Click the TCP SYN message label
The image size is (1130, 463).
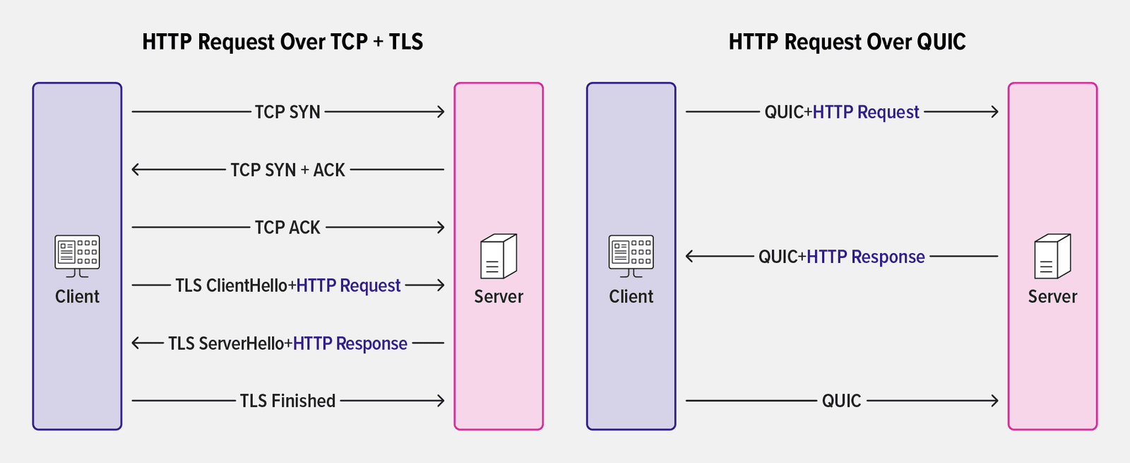(x=287, y=112)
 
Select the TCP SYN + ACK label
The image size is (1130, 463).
(x=287, y=170)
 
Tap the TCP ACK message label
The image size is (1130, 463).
(x=287, y=228)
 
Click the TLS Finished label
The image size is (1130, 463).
(x=287, y=401)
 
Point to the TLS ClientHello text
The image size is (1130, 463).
(x=231, y=286)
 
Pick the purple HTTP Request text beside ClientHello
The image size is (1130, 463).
(x=348, y=286)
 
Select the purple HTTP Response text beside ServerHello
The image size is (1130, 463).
(x=350, y=344)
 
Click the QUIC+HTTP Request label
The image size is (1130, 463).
(x=842, y=112)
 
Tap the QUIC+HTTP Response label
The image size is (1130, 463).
(x=842, y=257)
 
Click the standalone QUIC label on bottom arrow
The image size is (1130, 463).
(x=841, y=401)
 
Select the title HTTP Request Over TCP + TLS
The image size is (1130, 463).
(x=282, y=42)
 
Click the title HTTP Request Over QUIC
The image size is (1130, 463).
(x=847, y=42)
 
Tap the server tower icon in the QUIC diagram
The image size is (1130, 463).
(x=1052, y=257)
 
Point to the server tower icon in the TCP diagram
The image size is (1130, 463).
(x=499, y=257)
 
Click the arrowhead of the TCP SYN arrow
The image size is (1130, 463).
(x=441, y=112)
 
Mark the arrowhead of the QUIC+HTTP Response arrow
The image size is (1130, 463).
(x=690, y=257)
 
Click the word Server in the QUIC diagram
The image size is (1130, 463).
(x=1052, y=297)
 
